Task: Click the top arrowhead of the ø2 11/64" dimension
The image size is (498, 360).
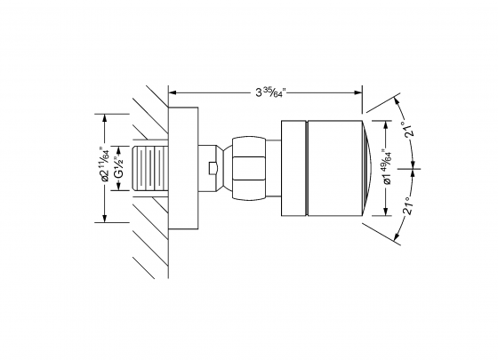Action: click(105, 116)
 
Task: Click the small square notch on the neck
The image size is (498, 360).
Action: click(210, 167)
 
